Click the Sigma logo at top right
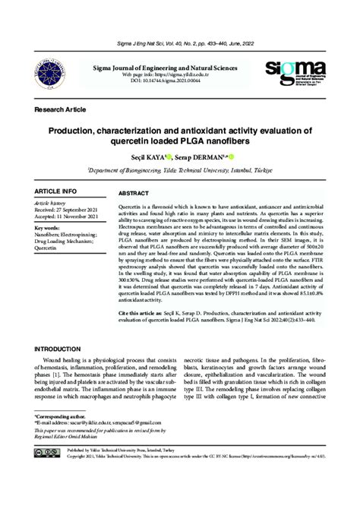tap(300, 73)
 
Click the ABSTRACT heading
tap(134, 194)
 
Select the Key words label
tap(49, 227)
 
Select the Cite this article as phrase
tap(142, 312)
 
